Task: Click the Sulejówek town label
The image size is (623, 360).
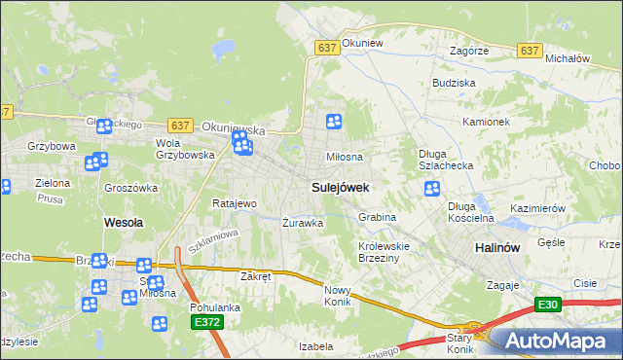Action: coord(339,185)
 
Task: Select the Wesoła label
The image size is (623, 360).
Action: coord(124,222)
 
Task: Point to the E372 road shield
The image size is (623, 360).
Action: coord(204,322)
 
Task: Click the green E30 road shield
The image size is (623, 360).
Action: coord(548,306)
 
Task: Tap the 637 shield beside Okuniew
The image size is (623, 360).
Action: coord(326,47)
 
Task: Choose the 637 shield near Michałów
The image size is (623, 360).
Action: coord(530,51)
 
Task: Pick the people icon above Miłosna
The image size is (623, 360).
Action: coord(334,122)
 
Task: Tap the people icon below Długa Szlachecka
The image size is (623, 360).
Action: coord(432,188)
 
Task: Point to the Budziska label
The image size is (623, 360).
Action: coord(454,84)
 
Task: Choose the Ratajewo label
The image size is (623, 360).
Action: coord(234,204)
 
